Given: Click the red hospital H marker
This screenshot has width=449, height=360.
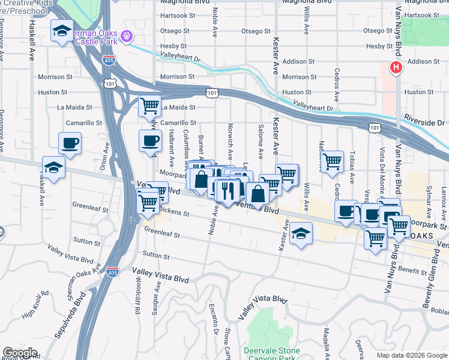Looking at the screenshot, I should pyautogui.click(x=396, y=68).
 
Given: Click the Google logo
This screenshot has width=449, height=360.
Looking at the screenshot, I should pyautogui.click(x=20, y=353).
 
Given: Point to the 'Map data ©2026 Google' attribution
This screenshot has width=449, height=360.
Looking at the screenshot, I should pyautogui.click(x=411, y=355).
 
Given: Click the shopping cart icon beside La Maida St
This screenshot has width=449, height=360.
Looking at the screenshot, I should pyautogui.click(x=149, y=106).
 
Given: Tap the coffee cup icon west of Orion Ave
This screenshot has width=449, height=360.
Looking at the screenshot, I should pyautogui.click(x=70, y=143).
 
